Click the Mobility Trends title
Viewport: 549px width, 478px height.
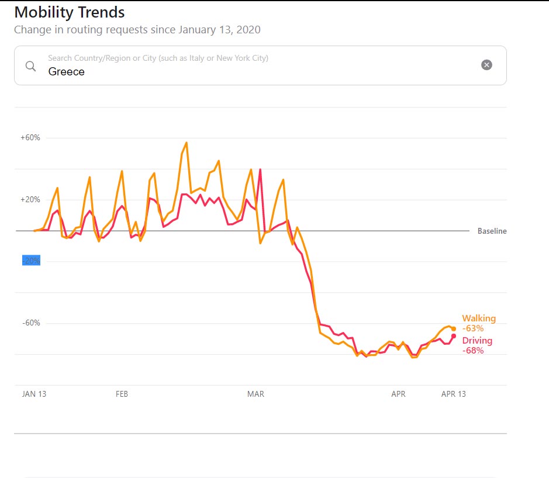pos(69,12)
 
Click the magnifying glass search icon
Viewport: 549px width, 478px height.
pos(31,65)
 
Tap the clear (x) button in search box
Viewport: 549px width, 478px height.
pos(486,65)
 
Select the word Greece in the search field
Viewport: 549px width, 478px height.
pos(66,72)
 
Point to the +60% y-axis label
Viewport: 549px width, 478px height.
pos(30,138)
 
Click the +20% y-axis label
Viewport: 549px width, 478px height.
pos(30,200)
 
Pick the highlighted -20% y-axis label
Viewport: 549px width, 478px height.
pos(31,261)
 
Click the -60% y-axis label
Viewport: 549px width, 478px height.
pos(31,323)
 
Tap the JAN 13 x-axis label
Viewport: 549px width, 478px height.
pos(34,394)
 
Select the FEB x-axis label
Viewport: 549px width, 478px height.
pos(122,394)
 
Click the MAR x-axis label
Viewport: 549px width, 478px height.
pos(255,394)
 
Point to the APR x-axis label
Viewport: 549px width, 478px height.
pos(398,394)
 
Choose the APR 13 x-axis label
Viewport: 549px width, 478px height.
pos(453,394)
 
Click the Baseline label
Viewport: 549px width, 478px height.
pos(492,231)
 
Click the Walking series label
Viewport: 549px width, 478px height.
pos(478,318)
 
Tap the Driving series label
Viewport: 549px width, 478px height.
pos(477,341)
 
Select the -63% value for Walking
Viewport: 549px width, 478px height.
pos(472,328)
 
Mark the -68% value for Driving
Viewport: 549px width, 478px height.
pos(472,351)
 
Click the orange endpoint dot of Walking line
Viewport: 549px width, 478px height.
pos(453,328)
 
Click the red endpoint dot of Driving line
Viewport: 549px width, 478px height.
pos(453,335)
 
